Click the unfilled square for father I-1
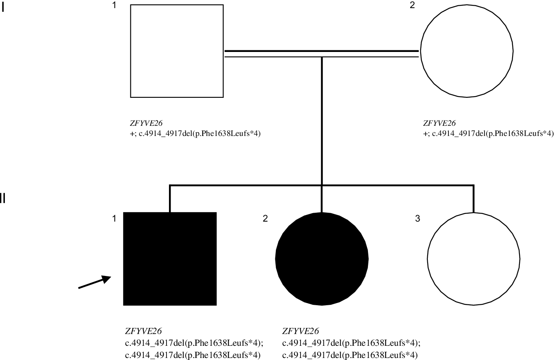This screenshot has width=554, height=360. tap(177, 51)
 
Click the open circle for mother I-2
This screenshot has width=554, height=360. tap(467, 51)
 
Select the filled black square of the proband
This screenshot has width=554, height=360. tap(170, 259)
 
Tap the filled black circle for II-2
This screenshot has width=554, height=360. tap(322, 259)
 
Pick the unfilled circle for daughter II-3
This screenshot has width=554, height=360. tap(474, 259)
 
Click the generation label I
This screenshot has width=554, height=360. tap(3, 8)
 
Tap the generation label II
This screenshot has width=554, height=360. tap(3, 199)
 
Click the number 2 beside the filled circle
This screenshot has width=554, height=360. tap(265, 219)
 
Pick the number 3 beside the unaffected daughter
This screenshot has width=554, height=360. tap(417, 219)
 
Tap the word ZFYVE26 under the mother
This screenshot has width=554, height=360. tap(439, 123)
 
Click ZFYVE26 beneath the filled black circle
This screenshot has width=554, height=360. tap(301, 331)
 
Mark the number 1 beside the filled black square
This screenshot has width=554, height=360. tap(115, 219)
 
